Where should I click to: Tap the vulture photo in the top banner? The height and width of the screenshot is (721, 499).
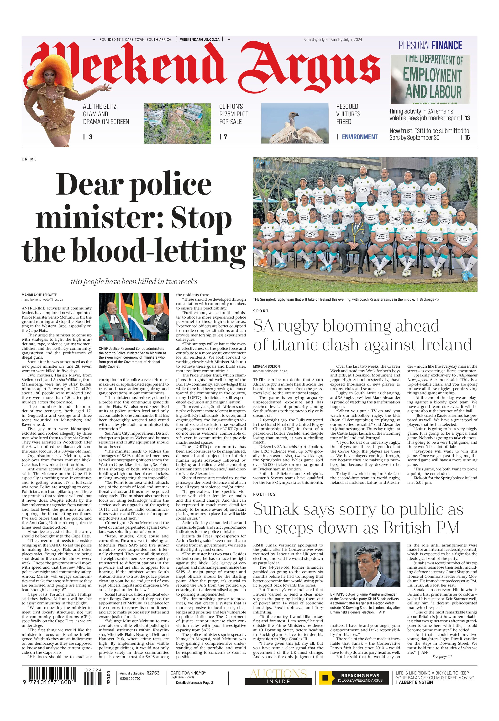[294, 124]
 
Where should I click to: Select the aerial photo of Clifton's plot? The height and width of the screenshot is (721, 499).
[177, 124]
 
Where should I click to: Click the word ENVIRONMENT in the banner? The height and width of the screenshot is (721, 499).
[360, 137]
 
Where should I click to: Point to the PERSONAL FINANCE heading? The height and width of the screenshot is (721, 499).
[430, 46]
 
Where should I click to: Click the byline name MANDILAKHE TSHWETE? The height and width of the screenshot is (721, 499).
[39, 295]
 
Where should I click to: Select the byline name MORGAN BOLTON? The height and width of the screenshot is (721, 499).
[266, 366]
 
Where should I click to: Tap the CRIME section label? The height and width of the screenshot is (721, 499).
[29, 159]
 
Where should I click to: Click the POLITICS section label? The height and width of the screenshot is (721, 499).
[264, 494]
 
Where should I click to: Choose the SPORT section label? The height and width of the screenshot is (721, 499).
[261, 311]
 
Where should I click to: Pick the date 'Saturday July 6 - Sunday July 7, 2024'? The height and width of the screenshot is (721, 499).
[333, 40]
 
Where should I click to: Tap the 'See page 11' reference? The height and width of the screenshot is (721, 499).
[442, 657]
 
